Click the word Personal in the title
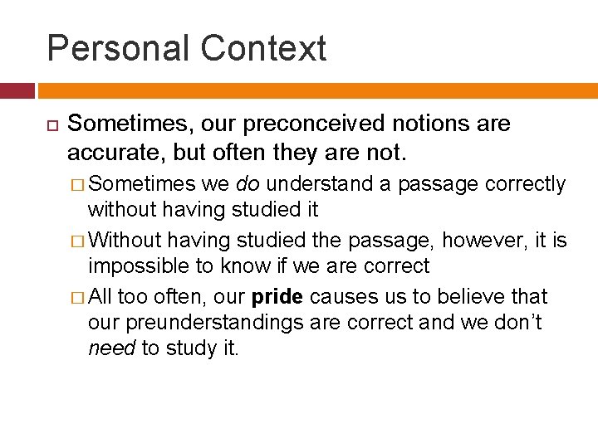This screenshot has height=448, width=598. (x=117, y=48)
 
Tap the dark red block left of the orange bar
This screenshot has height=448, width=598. (x=17, y=90)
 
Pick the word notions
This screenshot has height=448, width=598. (x=425, y=124)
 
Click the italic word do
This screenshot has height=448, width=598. (x=248, y=184)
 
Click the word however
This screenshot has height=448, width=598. (x=482, y=241)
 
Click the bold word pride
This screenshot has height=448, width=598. (x=277, y=297)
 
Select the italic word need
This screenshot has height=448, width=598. (x=111, y=348)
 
